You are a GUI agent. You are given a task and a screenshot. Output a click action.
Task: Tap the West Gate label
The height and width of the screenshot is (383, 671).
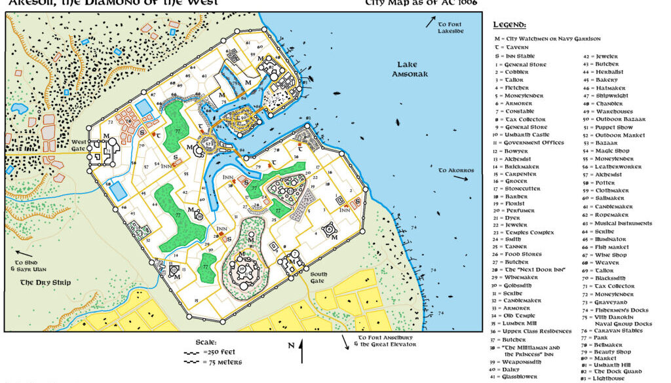(x=79, y=145)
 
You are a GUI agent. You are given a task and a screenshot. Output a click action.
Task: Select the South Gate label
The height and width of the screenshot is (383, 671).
(x=318, y=277)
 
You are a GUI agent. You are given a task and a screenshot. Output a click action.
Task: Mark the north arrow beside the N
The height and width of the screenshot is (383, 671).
(x=301, y=352)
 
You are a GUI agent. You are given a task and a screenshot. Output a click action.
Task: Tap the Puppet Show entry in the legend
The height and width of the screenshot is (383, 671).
(x=615, y=127)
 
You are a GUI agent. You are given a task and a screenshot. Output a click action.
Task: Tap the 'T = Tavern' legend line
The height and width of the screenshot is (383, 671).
(x=512, y=48)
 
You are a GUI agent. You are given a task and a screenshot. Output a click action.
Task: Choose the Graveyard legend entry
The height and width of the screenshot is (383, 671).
(x=613, y=302)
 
